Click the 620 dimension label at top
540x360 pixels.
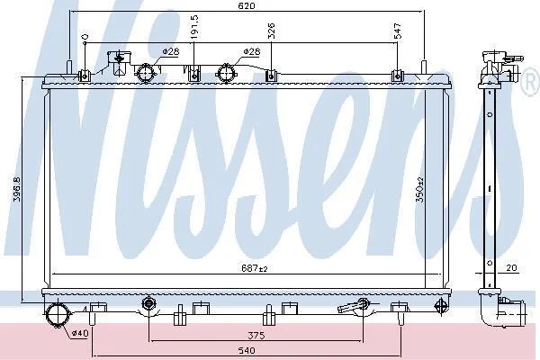pos(247,6)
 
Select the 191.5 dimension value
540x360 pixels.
pos(194,26)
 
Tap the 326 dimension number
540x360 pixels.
pos(272,31)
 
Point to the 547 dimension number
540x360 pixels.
pos(398,31)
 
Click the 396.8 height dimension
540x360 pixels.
pos(17,189)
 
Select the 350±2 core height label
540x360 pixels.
pos(419,189)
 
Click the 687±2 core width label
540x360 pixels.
pos(254,268)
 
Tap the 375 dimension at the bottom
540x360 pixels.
pos(256,335)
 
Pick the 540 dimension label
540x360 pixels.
pos(247,350)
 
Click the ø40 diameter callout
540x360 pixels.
pos(80,333)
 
